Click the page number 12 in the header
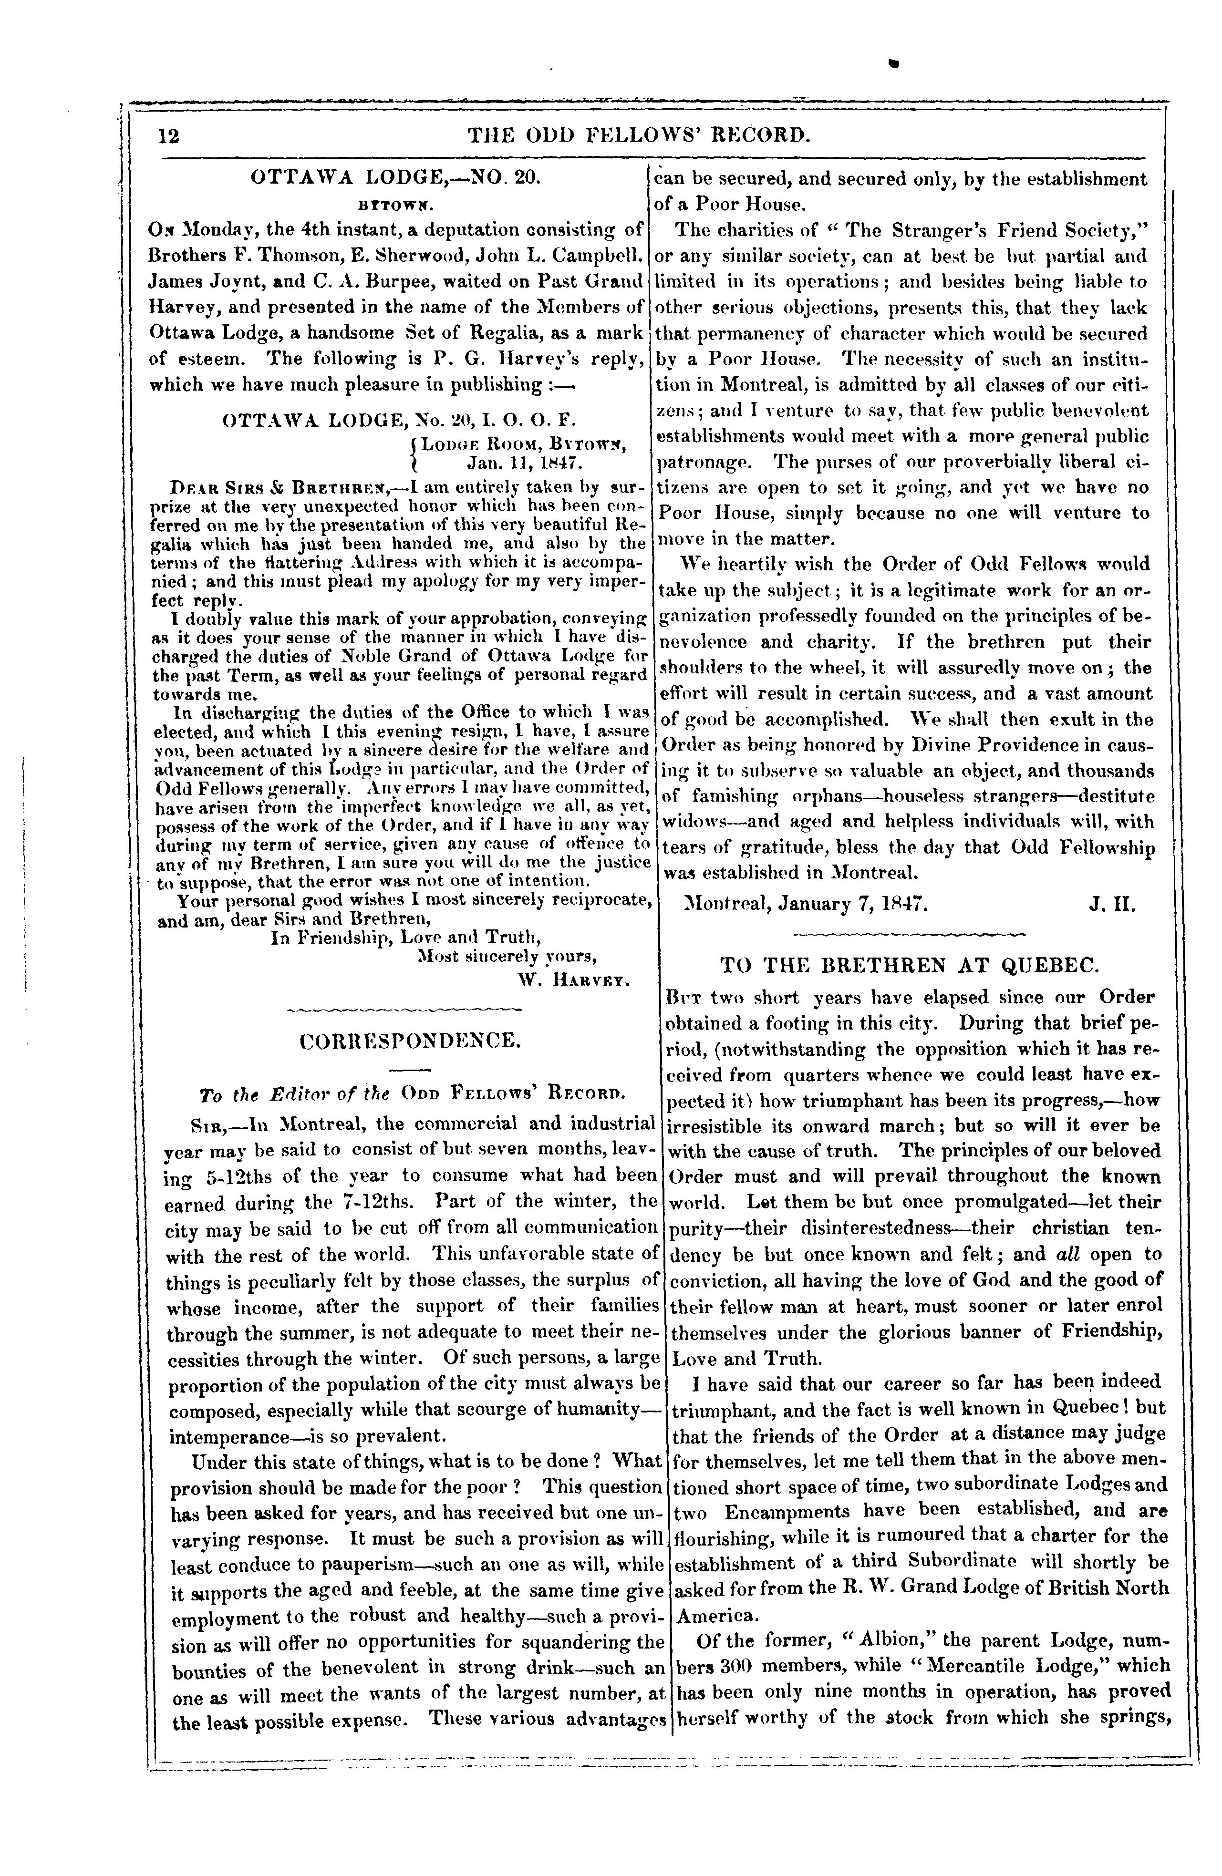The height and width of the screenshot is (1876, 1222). (x=169, y=136)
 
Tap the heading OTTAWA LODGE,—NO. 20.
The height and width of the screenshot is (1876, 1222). (x=394, y=178)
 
